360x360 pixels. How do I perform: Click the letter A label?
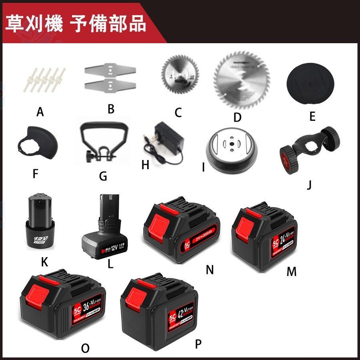pyautogui.click(x=40, y=112)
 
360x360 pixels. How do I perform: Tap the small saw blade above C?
pyautogui.click(x=176, y=74)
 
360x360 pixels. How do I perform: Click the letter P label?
pyautogui.click(x=198, y=344)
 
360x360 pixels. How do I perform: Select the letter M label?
pyautogui.click(x=292, y=272)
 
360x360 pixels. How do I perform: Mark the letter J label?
pyautogui.click(x=309, y=185)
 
